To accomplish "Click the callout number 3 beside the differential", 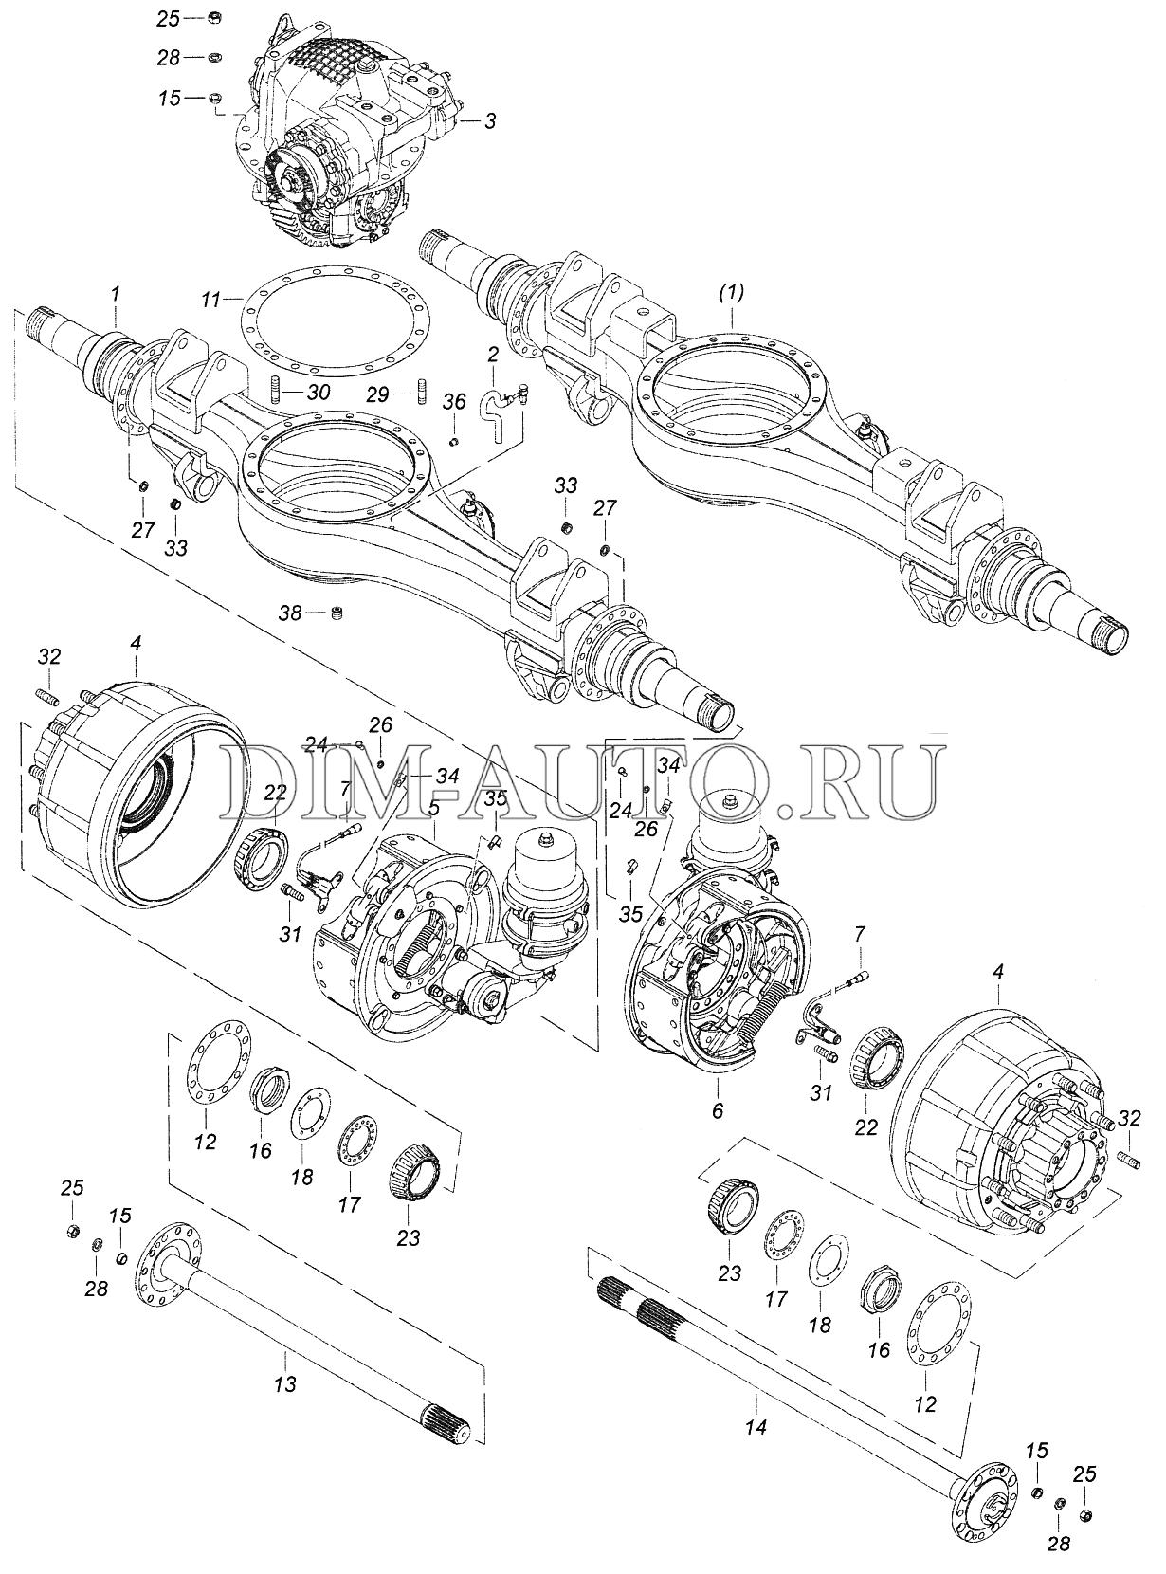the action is (490, 120).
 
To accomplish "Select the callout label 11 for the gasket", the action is (210, 301).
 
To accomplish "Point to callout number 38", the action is (291, 613).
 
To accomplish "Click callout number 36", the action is (455, 402).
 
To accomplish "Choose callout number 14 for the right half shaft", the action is (758, 1427).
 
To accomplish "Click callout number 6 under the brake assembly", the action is (718, 1110).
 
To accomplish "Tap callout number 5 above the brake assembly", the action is (434, 808).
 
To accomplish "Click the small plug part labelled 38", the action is (337, 613).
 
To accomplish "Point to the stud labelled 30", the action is (276, 392).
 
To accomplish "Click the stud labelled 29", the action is (421, 393).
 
